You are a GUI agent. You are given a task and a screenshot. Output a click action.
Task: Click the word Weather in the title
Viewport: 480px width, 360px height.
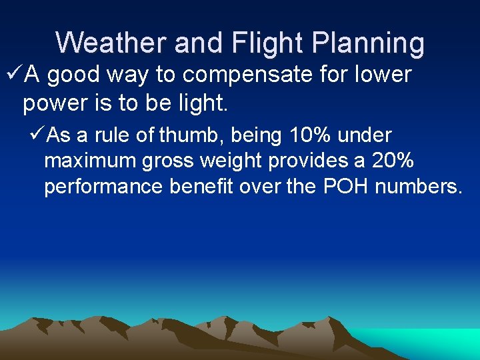pyautogui.click(x=111, y=43)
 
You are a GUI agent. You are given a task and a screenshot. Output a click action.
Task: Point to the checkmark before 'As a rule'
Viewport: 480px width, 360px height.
pyautogui.click(x=38, y=135)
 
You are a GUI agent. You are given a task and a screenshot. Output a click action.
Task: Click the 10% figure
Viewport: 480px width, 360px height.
pyautogui.click(x=311, y=135)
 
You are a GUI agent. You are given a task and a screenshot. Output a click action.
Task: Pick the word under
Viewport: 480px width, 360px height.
pyautogui.click(x=365, y=135)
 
